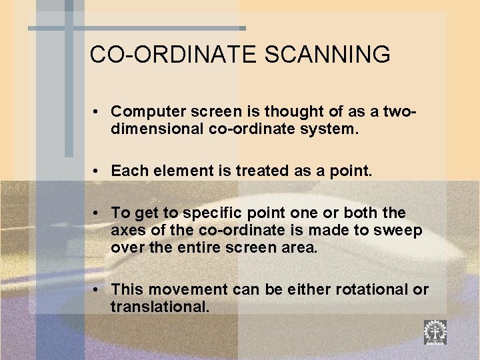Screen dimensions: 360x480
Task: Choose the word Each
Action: [127, 172]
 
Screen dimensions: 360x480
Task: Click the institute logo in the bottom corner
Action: [435, 332]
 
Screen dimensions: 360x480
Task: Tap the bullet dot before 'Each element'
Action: [97, 172]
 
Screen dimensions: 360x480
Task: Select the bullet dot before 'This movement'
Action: [97, 291]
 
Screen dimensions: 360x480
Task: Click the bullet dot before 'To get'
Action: [97, 213]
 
